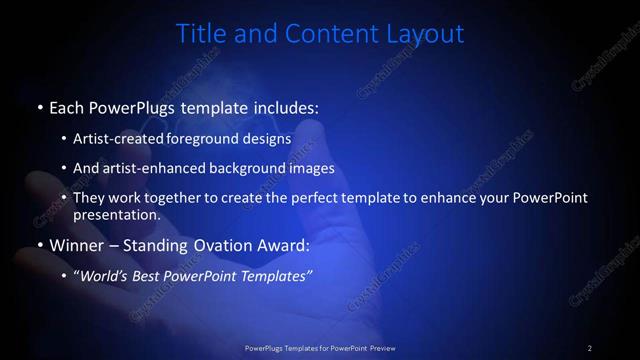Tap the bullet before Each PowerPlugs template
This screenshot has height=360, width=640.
pos(39,106)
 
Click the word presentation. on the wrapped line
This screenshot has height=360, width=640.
pos(116,214)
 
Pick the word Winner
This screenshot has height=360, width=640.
pos(77,244)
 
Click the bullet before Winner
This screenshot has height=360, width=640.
pos(39,244)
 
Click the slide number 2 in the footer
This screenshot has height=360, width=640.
pos(590,347)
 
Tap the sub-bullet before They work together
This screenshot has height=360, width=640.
pos(65,198)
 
